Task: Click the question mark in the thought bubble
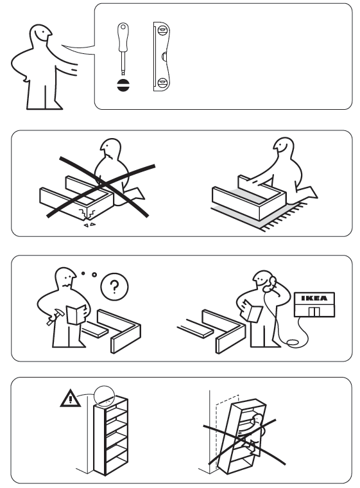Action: click(x=115, y=288)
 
